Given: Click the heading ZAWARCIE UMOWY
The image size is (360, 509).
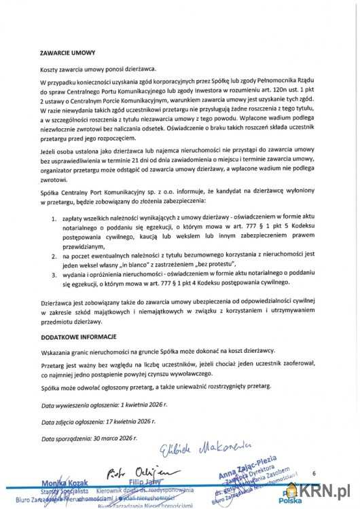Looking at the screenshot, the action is point(67,52).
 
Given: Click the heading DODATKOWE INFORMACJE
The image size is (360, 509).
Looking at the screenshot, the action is point(78,337).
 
